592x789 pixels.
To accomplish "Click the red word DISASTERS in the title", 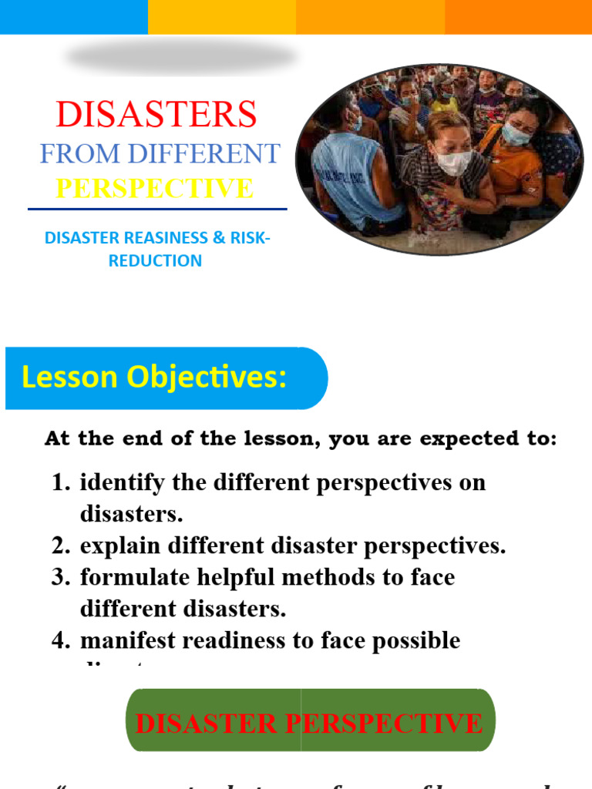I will coord(156,115).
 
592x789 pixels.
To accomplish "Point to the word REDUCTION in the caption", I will coord(155,260).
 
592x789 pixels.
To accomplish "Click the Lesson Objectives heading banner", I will coord(166,378).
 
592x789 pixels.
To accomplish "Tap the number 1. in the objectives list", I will coord(61,483).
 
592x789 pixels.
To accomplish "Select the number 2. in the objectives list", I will coord(61,546).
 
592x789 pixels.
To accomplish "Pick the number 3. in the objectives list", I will coord(61,577).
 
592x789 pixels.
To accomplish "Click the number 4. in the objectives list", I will coord(61,640).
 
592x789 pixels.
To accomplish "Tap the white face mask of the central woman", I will coord(453,163).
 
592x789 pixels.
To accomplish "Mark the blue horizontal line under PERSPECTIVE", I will coord(157,209).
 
